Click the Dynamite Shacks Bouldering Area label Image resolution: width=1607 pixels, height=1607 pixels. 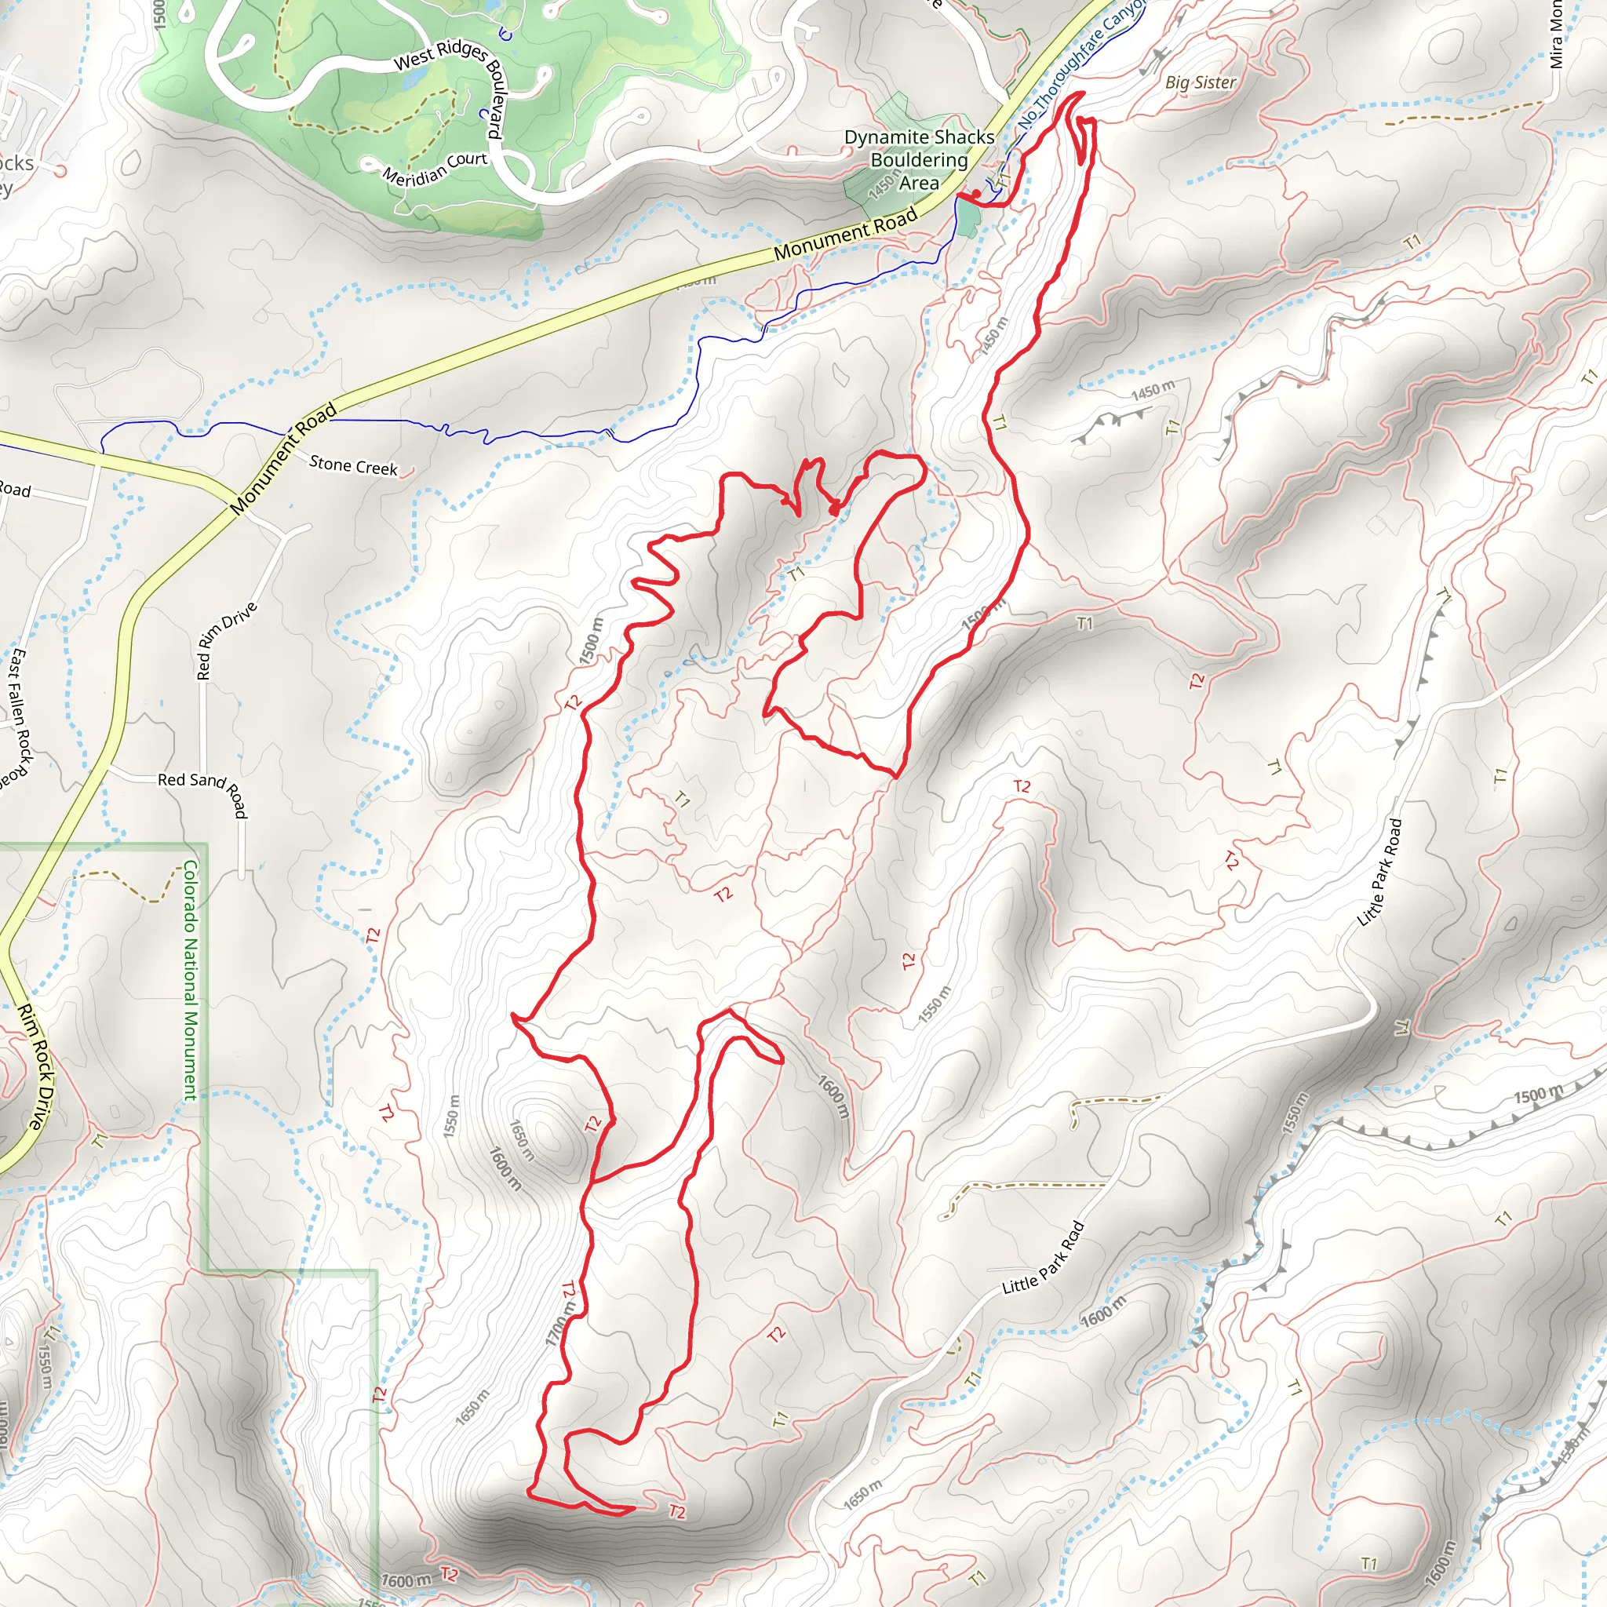(919, 160)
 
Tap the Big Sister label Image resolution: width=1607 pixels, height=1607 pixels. (1200, 82)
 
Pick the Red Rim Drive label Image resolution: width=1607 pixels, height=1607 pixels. (226, 640)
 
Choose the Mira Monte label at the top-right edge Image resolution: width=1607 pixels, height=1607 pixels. (1556, 33)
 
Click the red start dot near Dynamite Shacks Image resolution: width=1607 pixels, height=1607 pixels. (975, 195)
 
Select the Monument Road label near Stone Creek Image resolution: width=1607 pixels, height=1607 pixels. (282, 458)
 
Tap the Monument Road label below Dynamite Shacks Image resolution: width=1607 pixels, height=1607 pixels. (845, 232)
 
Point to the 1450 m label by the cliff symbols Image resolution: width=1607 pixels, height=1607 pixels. (1152, 389)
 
